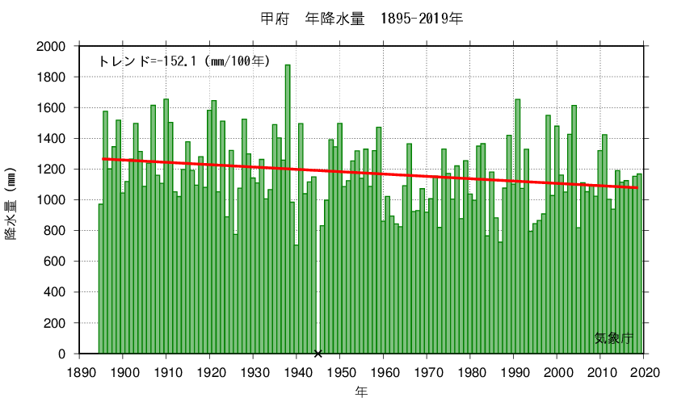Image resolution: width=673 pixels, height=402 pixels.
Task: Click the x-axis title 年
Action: click(x=361, y=392)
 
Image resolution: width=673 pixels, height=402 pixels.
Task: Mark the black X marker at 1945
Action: click(x=318, y=354)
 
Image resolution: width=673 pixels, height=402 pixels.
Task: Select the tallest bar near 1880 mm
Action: click(x=288, y=210)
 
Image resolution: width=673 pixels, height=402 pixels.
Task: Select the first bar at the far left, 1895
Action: click(x=101, y=278)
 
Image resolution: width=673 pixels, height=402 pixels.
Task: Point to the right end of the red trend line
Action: click(x=638, y=188)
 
